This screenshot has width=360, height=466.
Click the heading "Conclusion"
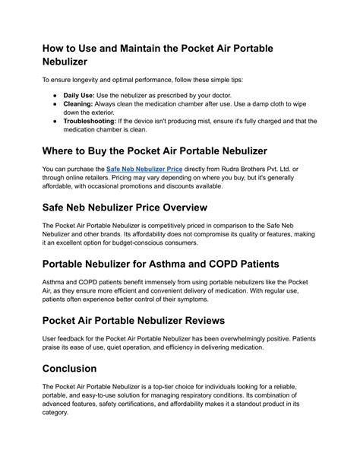tap(69, 368)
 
